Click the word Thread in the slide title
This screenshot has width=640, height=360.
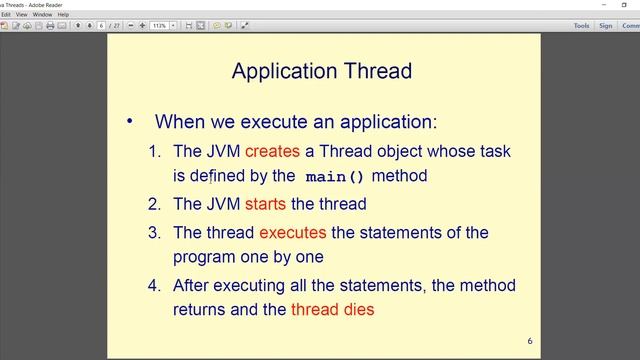click(x=374, y=71)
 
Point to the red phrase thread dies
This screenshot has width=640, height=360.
click(x=332, y=309)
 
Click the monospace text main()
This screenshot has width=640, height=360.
click(x=335, y=177)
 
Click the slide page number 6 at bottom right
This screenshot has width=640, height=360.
click(x=530, y=342)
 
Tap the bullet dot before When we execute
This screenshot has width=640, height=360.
click(x=129, y=122)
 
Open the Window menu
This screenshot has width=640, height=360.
click(x=42, y=15)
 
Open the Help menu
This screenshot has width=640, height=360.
click(x=64, y=15)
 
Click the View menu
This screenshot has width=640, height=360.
click(x=20, y=15)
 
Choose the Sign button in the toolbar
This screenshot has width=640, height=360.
click(x=605, y=25)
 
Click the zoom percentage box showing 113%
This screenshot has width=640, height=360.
click(x=159, y=25)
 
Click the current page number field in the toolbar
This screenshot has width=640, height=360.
click(x=102, y=25)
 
